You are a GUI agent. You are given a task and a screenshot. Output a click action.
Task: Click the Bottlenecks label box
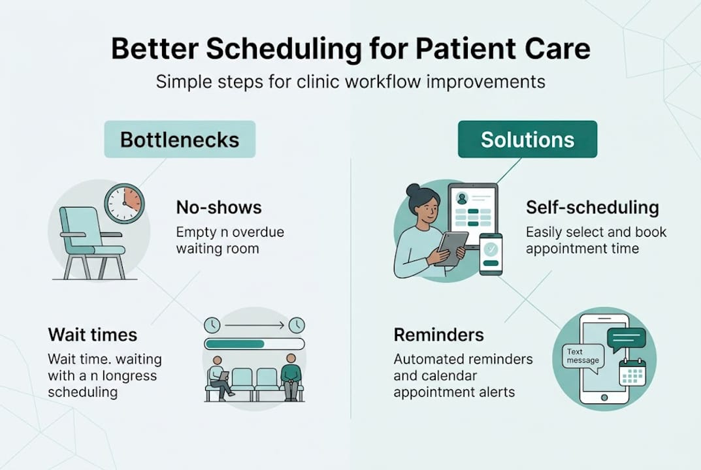(x=180, y=139)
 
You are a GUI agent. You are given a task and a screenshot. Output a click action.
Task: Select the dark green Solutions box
(x=527, y=139)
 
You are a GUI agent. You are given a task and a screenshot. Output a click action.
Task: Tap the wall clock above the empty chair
(x=124, y=204)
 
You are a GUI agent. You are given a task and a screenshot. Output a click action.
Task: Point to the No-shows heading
(x=219, y=208)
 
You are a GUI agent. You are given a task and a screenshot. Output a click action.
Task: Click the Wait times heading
(x=92, y=335)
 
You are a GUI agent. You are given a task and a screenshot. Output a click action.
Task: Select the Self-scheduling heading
(x=592, y=208)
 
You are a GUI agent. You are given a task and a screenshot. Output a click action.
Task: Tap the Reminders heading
(x=438, y=335)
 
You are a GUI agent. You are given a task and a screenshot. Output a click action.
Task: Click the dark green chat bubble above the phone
(x=626, y=337)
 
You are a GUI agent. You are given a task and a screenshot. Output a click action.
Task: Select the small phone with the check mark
(x=491, y=254)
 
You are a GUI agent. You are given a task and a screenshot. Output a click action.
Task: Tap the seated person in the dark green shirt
(x=291, y=377)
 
